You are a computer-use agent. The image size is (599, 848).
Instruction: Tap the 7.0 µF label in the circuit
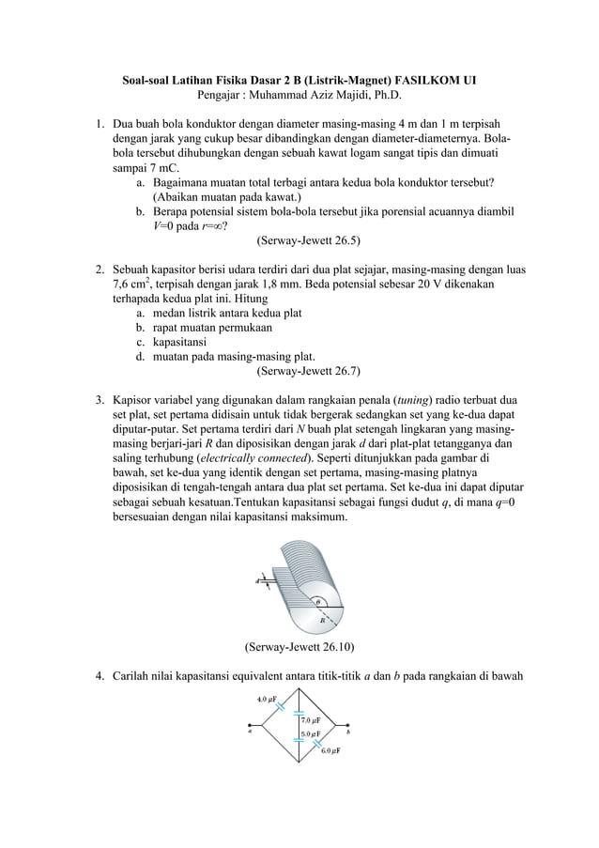pyautogui.click(x=313, y=720)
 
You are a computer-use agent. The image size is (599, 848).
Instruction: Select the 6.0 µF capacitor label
pyautogui.click(x=330, y=751)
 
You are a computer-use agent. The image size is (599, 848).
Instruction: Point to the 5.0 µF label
pyautogui.click(x=312, y=733)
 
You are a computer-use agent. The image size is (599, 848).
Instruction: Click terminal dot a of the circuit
pyautogui.click(x=249, y=726)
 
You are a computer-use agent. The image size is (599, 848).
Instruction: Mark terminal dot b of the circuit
pyautogui.click(x=348, y=726)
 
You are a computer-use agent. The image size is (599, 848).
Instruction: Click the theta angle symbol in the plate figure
pyautogui.click(x=317, y=602)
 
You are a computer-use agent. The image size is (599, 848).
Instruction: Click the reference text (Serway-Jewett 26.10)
pyautogui.click(x=299, y=647)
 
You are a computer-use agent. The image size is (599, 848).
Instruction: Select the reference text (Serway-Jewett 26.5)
pyautogui.click(x=309, y=239)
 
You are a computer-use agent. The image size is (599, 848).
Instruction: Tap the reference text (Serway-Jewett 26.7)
pyautogui.click(x=309, y=370)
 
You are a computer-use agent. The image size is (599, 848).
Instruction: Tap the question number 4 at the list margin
pyautogui.click(x=99, y=676)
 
